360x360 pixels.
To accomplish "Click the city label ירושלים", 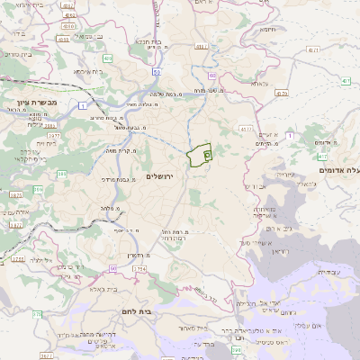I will pos(163,176).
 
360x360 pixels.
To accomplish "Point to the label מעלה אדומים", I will pos(339,169).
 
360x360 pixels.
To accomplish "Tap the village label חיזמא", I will pos(268,29).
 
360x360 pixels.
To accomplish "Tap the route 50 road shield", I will pos(157,71).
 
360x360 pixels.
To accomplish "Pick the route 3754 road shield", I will pos(139,269).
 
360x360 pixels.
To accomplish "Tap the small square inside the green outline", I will pos(207,155).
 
